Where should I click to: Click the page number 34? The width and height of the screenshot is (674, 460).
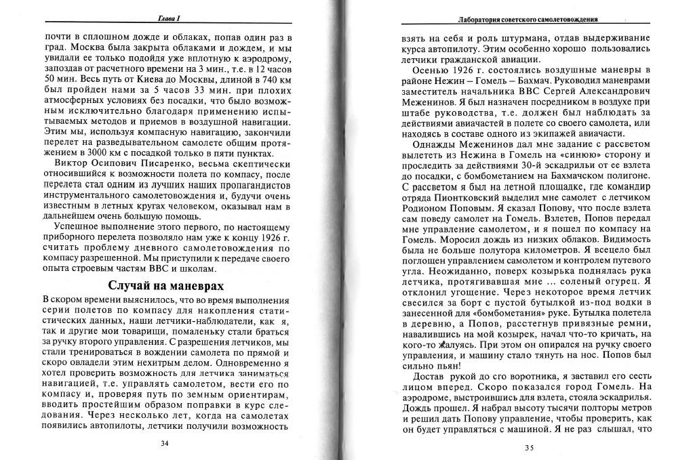tap(164, 443)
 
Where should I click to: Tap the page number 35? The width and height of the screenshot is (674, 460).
tap(530, 447)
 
